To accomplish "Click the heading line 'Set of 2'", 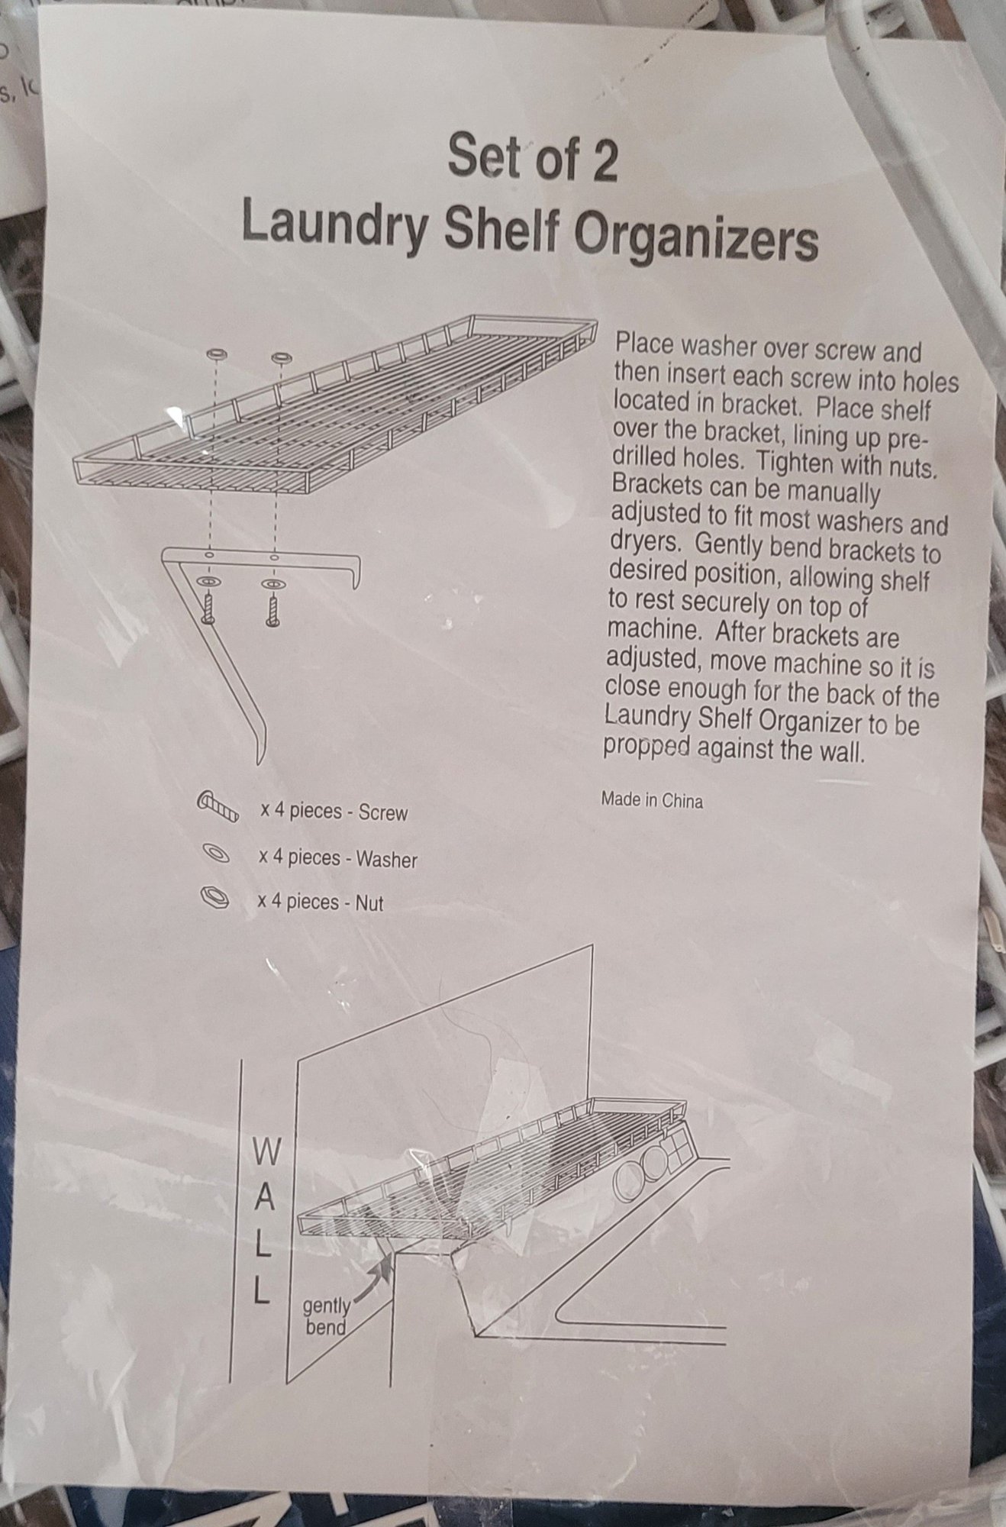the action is tap(532, 156).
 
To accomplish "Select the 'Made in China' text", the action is tap(651, 801).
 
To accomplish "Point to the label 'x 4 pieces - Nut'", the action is tap(320, 902).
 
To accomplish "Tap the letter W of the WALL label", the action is tap(260, 1154).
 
